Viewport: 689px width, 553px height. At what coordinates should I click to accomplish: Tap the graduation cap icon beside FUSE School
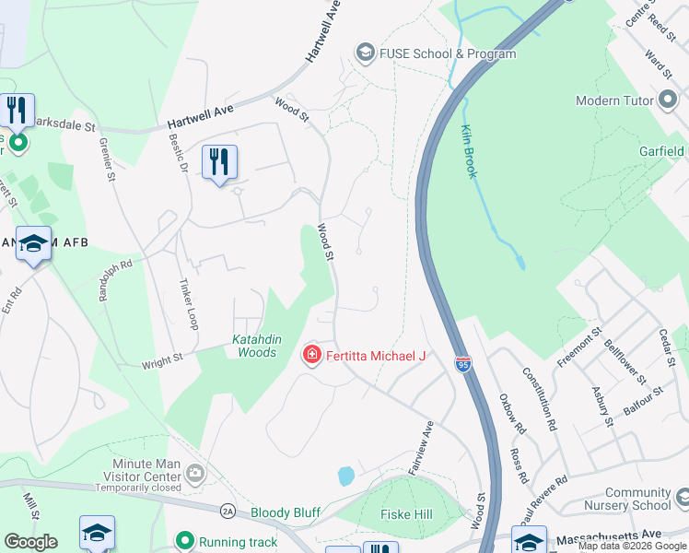click(366, 53)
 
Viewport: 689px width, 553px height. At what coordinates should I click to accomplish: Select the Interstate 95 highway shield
click(462, 365)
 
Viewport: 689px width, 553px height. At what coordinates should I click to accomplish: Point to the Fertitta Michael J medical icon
click(311, 355)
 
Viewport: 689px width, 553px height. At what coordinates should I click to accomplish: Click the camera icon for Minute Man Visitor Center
click(194, 474)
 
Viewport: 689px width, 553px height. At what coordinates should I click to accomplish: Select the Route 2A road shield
click(228, 511)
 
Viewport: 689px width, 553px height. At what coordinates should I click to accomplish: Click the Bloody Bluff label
click(286, 511)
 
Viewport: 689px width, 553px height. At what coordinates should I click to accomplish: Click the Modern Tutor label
click(610, 100)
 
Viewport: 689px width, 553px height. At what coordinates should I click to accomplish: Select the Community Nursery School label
click(637, 500)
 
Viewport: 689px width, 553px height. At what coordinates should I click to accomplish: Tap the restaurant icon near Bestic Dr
click(219, 161)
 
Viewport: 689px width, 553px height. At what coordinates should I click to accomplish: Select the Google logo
click(30, 542)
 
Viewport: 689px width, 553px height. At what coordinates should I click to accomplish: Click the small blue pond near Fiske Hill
click(346, 476)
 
